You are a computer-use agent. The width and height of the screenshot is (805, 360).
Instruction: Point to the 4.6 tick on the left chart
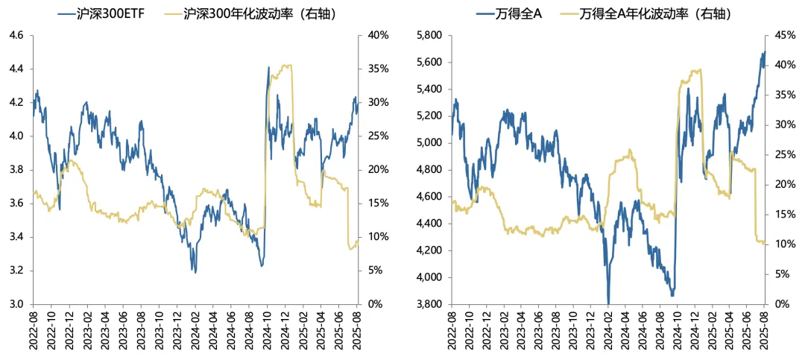pos(16,35)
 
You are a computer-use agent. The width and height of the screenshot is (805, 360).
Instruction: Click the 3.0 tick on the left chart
pos(16,304)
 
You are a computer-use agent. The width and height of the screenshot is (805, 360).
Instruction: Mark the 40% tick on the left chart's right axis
pos(378,35)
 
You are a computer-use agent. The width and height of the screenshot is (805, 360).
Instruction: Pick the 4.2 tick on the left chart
pos(16,102)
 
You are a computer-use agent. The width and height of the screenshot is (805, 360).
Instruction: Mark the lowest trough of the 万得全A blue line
pos(608,303)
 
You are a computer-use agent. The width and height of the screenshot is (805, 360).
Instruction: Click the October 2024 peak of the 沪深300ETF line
pos(269,67)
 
